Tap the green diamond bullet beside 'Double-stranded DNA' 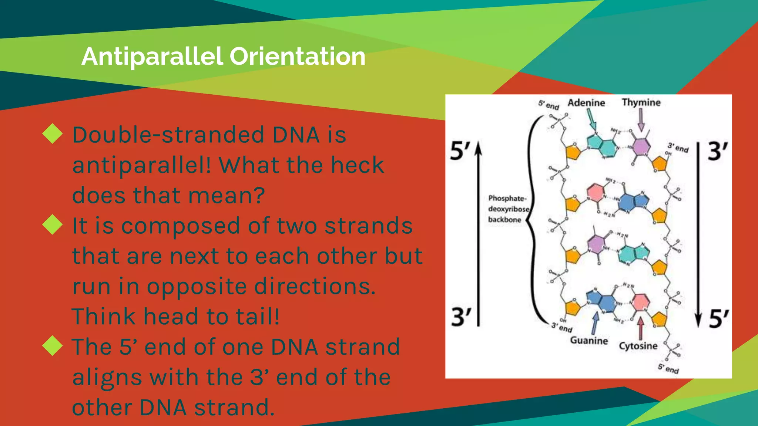(x=53, y=134)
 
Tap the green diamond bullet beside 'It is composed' (x=53, y=225)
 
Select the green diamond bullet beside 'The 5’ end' (x=53, y=346)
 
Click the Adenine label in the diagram (x=586, y=103)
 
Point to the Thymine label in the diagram (x=641, y=102)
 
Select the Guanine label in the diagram (x=589, y=340)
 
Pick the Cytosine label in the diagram (x=638, y=346)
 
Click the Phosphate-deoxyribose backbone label (x=507, y=209)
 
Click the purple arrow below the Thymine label (x=641, y=120)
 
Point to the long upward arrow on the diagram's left (x=478, y=233)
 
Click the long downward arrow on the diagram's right (x=698, y=233)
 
